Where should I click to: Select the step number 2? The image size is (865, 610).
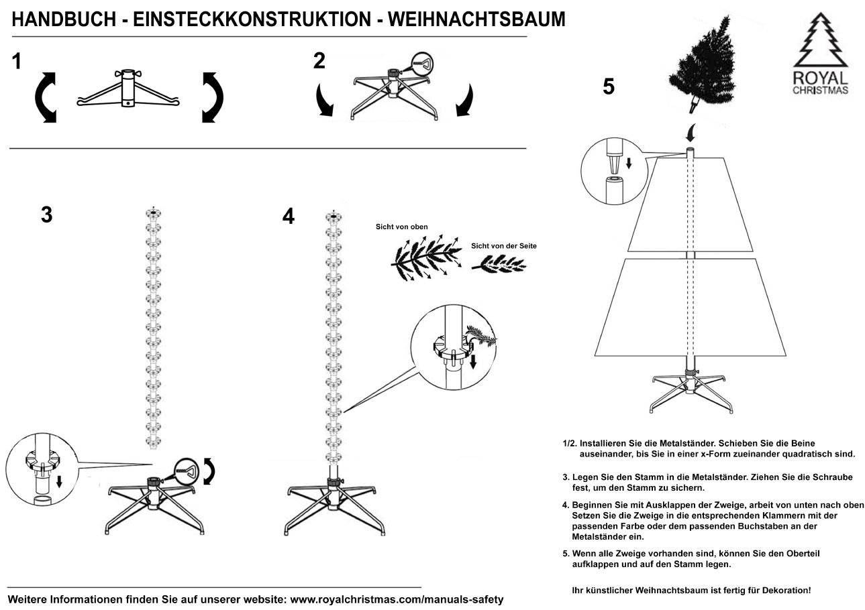tap(319, 61)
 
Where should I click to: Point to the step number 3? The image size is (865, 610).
tap(46, 215)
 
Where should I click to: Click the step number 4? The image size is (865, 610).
tap(289, 217)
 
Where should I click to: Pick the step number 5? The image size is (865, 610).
tap(609, 87)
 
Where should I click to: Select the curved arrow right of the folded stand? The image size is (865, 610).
tap(213, 98)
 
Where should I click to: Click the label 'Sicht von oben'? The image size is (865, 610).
tap(402, 227)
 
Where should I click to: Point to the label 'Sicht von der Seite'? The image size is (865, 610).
tap(504, 246)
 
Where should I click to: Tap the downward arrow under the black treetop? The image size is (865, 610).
tap(691, 128)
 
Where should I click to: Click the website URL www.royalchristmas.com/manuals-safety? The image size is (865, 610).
tap(397, 598)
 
